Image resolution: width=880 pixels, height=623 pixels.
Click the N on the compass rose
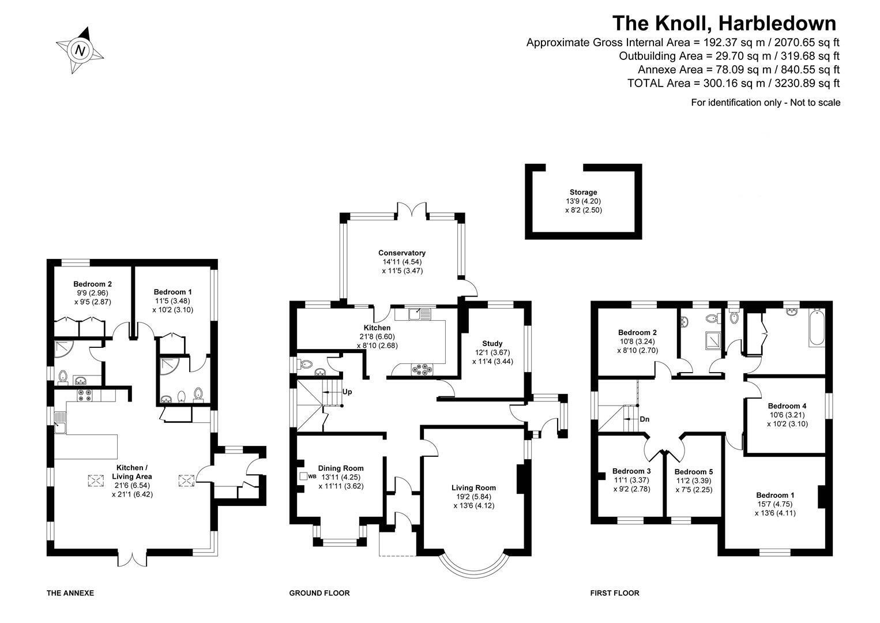81,51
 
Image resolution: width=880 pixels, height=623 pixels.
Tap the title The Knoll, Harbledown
724,23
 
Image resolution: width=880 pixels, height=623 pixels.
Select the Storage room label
583,192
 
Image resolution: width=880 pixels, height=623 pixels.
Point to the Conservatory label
402,253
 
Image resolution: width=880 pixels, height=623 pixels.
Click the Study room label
492,344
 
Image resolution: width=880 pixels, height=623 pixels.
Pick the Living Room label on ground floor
473,488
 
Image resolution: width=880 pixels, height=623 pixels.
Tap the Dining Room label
341,468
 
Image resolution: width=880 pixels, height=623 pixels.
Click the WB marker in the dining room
312,476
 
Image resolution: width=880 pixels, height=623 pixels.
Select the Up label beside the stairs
347,392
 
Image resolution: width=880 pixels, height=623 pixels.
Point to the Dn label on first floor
645,419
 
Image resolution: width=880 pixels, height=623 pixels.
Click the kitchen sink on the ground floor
420,314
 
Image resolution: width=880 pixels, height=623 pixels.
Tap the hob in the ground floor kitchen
422,369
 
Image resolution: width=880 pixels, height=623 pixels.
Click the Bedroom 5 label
694,472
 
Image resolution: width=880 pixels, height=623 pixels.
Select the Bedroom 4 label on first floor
787,406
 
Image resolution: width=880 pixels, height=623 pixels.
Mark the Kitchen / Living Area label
132,472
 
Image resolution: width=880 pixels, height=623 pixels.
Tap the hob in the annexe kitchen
84,395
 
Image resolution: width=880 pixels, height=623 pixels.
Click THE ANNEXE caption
70,593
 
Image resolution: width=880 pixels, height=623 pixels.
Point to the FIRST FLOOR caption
615,593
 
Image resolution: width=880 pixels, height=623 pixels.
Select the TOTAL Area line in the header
734,83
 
